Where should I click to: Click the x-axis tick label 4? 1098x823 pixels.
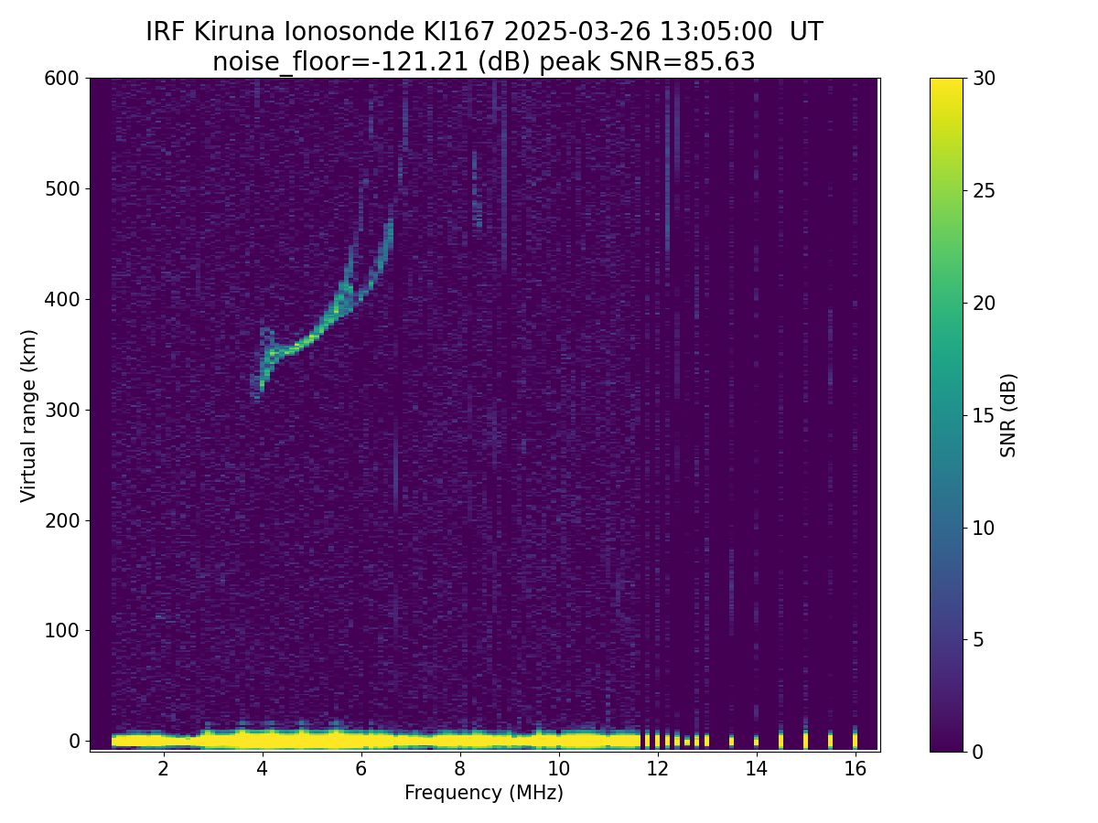[x=263, y=769]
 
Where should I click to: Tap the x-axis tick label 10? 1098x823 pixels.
[x=558, y=769]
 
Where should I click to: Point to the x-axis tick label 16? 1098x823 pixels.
[x=855, y=769]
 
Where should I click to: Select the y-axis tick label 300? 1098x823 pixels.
[x=61, y=410]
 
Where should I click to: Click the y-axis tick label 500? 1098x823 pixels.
[x=61, y=189]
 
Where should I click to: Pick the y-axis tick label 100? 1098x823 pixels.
[x=61, y=631]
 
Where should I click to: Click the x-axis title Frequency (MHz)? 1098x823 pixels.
[x=484, y=793]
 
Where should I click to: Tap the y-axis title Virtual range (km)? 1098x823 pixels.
[x=29, y=415]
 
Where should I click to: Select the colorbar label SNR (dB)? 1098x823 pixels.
[x=1008, y=415]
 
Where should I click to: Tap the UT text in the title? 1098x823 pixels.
[x=806, y=32]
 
